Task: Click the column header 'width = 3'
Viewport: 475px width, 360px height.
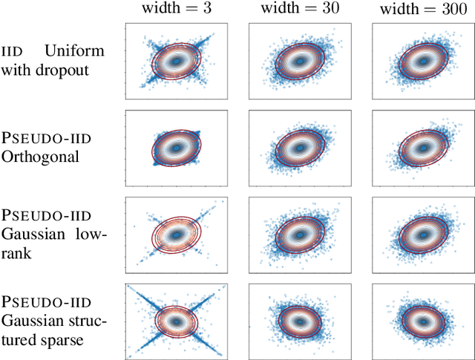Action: (176, 10)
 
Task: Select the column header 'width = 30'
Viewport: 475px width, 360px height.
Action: (299, 10)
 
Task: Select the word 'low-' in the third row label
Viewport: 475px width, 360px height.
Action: (93, 235)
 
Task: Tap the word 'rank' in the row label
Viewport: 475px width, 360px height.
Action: (15, 254)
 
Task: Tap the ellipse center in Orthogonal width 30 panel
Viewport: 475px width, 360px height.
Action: (300, 148)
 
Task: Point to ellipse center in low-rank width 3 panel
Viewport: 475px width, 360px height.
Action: (176, 235)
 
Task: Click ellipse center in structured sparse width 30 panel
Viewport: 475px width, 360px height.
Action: (300, 321)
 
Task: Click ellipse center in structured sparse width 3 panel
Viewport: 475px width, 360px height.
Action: (176, 321)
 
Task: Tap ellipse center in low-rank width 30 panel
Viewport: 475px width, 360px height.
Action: (300, 235)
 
